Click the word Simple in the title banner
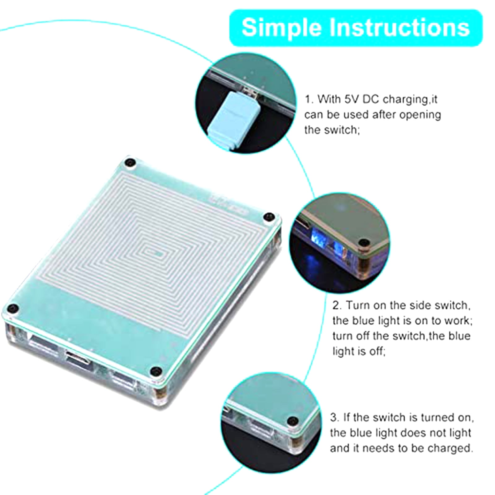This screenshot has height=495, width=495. tap(282, 28)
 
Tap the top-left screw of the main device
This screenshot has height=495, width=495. tap(129, 163)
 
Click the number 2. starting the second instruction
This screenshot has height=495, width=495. tap(337, 305)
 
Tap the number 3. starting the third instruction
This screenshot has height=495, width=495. tap(334, 417)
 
